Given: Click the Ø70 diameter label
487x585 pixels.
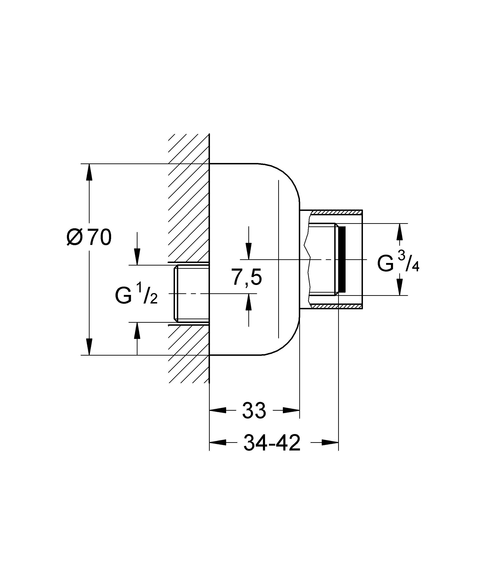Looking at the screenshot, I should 89,237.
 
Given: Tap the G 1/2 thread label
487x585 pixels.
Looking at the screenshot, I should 136,296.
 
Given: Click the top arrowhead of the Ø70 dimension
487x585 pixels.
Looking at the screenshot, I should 89,172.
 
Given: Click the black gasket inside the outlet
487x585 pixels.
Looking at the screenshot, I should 342,259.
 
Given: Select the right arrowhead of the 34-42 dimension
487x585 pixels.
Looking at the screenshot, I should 330,442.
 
